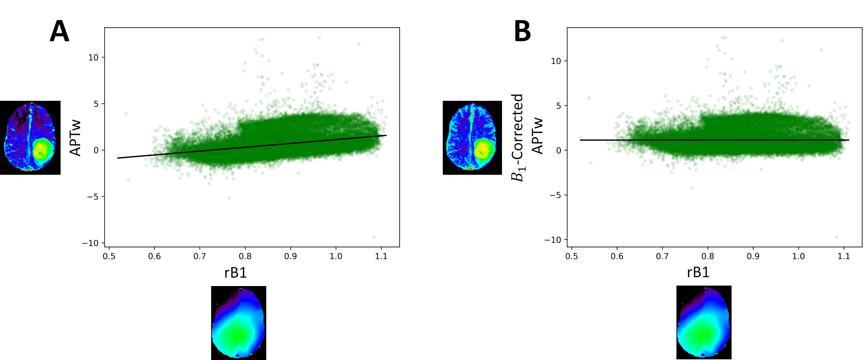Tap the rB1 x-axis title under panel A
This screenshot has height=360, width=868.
coord(236,272)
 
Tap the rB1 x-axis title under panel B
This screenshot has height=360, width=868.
coord(698,272)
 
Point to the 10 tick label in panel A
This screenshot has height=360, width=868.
coord(93,58)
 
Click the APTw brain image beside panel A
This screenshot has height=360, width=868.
coord(30,137)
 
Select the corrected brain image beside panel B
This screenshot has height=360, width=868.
coord(472,137)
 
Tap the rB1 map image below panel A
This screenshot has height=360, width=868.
coord(238,323)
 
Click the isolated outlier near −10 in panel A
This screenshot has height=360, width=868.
coord(374,237)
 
